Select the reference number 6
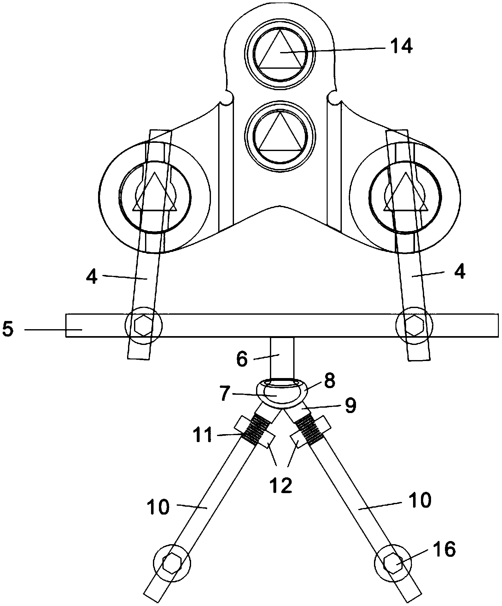[x=242, y=360]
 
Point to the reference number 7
[x=225, y=394]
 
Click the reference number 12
[x=282, y=486]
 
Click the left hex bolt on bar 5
[x=143, y=325]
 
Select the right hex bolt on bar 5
[x=414, y=325]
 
